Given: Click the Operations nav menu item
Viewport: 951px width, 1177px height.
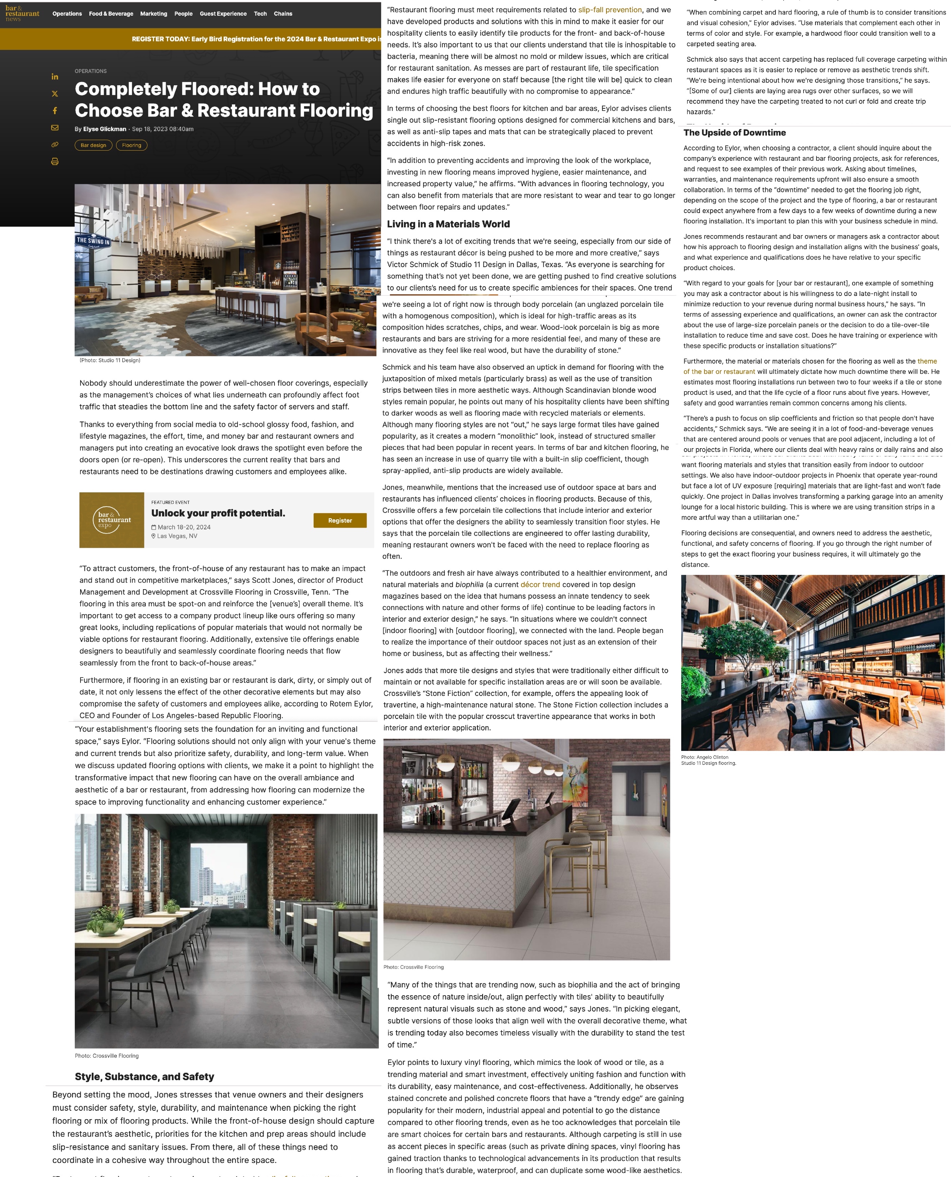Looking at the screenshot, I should pyautogui.click(x=67, y=14).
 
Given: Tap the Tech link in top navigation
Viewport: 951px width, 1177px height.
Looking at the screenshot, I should pyautogui.click(x=260, y=14).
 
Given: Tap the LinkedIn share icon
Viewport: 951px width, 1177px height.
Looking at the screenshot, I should pyautogui.click(x=55, y=77).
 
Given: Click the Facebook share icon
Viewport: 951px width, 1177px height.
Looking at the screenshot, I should pyautogui.click(x=55, y=111).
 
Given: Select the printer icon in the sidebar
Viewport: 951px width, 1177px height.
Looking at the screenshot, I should pyautogui.click(x=55, y=162).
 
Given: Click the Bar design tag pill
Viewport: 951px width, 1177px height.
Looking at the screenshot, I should pyautogui.click(x=93, y=145).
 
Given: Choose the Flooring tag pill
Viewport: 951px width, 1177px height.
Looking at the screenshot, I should pyautogui.click(x=131, y=145).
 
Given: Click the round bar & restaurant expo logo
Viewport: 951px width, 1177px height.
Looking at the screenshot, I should pyautogui.click(x=112, y=520).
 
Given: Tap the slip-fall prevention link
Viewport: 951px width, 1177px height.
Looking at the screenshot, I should pyautogui.click(x=610, y=10).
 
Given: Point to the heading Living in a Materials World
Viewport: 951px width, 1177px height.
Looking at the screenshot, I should pyautogui.click(x=448, y=224).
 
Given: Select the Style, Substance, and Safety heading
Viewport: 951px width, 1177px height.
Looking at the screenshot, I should pyautogui.click(x=144, y=1076).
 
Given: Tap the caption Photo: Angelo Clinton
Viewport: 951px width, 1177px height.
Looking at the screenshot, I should pyautogui.click(x=704, y=757).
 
